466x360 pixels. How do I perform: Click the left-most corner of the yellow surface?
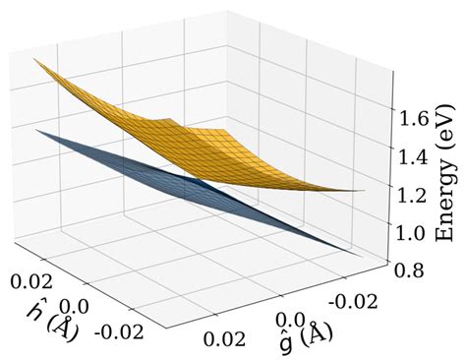(32, 59)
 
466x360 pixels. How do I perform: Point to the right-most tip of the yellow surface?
(366, 191)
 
